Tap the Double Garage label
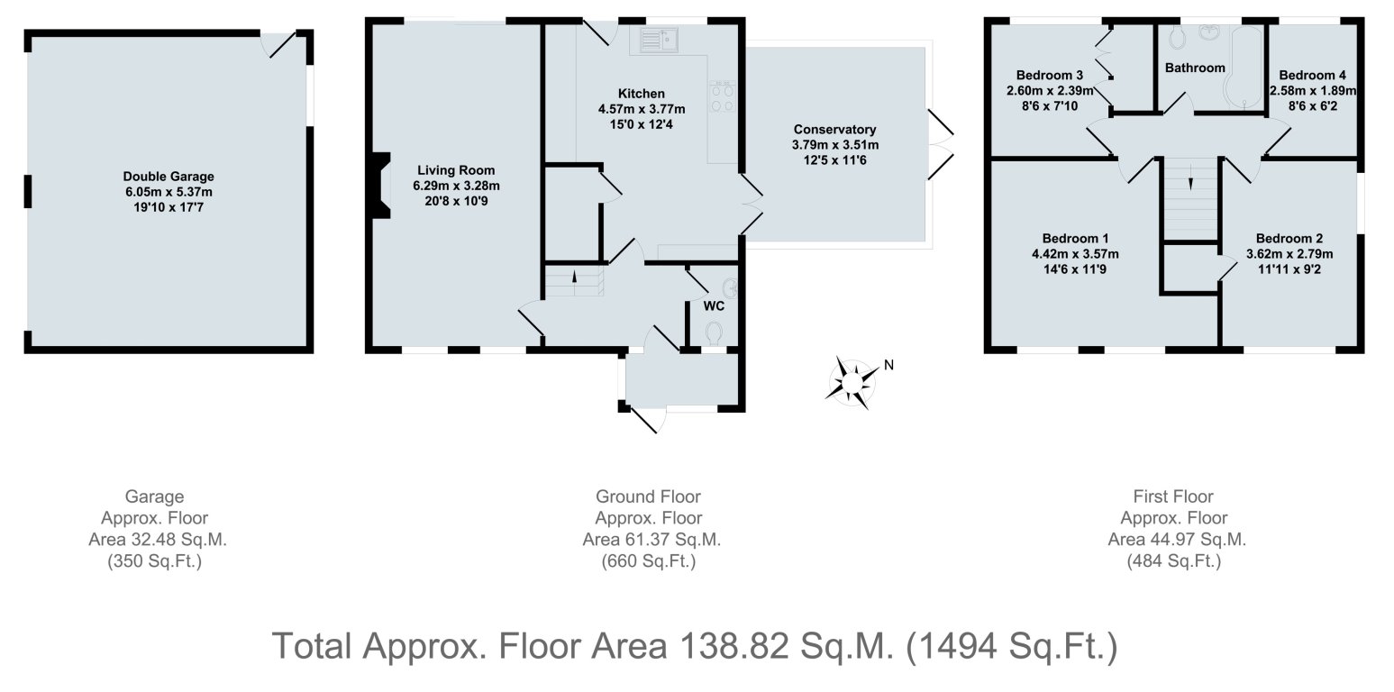169,177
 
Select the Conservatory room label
834,130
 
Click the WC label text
714,305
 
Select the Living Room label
456,170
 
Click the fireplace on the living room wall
379,187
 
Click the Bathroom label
1195,68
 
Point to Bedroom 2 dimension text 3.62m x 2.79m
1289,254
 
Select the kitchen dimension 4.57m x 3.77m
641,109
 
